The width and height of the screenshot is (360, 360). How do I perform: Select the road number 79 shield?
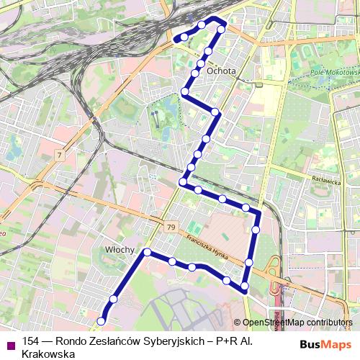coord(171,228)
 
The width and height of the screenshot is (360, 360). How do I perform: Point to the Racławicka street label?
coord(326,183)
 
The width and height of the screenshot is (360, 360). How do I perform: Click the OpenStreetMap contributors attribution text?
coord(298,323)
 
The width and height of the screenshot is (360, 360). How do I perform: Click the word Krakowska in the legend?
coord(49,354)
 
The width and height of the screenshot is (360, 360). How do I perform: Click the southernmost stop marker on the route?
coord(102,321)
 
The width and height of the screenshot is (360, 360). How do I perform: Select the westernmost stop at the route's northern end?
coord(184,37)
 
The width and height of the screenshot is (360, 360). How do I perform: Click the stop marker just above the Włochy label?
coord(147,252)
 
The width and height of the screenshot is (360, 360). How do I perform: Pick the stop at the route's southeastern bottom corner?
coord(245,287)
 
